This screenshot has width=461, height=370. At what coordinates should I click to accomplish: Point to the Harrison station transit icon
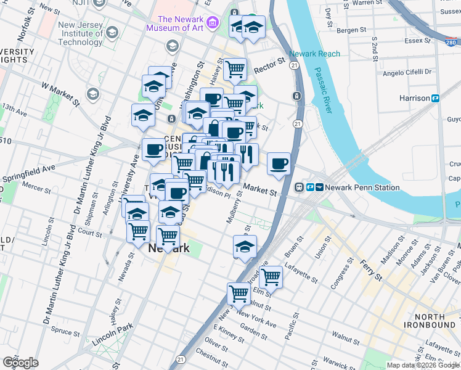click(x=435, y=98)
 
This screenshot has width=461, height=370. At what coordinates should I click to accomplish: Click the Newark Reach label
click(x=314, y=54)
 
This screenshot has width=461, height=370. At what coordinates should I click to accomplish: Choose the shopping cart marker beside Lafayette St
click(x=271, y=277)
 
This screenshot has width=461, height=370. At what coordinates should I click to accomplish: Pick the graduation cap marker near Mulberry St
click(x=245, y=246)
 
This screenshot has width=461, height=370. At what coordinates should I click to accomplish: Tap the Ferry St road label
click(x=371, y=272)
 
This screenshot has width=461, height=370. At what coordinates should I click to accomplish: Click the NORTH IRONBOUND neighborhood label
click(x=430, y=321)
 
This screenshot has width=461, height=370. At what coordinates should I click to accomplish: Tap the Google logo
click(x=20, y=363)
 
